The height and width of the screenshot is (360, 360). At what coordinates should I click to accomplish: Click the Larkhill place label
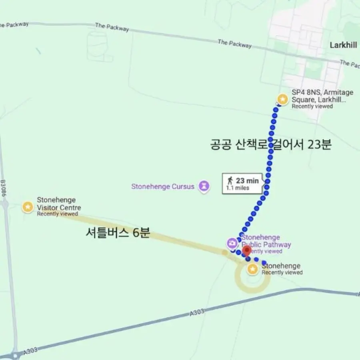tap(343, 45)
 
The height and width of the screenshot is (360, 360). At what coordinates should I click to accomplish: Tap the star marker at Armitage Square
tap(283, 99)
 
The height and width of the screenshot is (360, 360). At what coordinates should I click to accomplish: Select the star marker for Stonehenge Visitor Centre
tap(28, 207)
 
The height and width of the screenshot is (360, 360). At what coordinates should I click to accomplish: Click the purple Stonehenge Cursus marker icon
tap(204, 186)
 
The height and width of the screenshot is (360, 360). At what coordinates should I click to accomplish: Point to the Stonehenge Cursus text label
tap(163, 186)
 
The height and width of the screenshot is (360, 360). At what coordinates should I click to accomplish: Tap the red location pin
tap(247, 251)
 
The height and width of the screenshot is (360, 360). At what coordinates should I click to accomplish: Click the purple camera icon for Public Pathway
tap(232, 243)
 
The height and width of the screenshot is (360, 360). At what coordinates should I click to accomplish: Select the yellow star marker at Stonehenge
tap(252, 269)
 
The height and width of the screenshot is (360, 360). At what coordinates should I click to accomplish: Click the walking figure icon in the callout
tap(230, 180)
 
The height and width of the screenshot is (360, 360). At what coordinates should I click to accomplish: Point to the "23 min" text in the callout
tap(247, 181)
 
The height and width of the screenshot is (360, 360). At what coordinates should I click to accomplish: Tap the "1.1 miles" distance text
tap(238, 188)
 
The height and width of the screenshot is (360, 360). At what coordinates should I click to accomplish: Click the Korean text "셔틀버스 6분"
tap(118, 233)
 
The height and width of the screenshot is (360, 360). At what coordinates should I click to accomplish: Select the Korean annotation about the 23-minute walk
tap(271, 144)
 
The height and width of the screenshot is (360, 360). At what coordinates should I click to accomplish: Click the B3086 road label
tap(4, 187)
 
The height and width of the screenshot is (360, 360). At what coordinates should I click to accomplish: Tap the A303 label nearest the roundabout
tap(30, 351)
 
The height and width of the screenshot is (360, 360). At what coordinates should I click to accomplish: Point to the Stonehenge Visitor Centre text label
tap(59, 204)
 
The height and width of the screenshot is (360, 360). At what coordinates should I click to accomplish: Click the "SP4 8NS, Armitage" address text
tap(322, 92)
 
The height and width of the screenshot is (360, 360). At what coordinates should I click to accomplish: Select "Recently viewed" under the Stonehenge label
tap(282, 273)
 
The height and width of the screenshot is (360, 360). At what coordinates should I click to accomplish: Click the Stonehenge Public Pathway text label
tap(266, 241)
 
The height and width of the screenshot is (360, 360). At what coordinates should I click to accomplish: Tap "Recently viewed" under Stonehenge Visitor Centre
tap(57, 214)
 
